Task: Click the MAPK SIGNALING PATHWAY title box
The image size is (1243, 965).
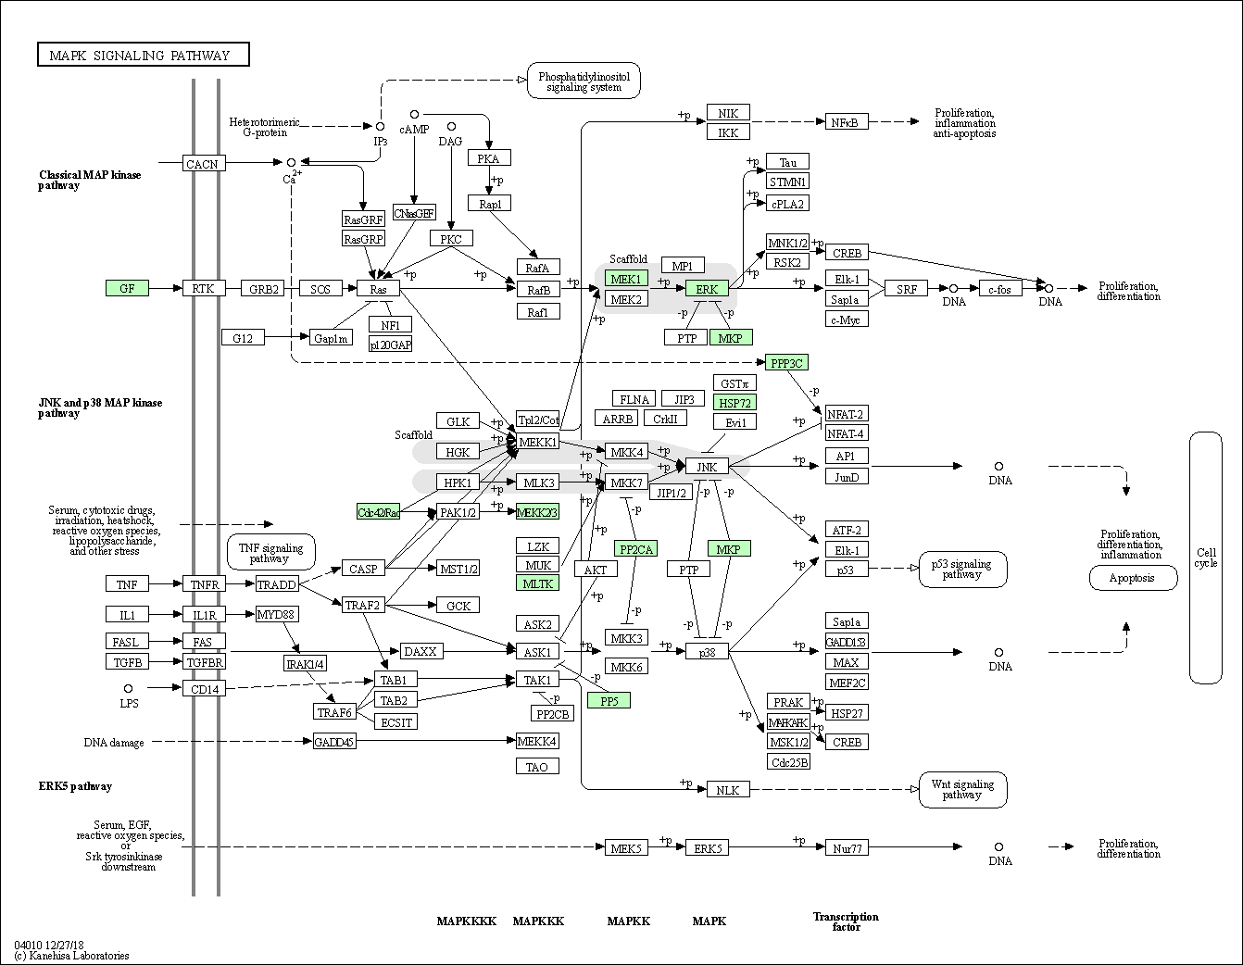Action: pos(144,56)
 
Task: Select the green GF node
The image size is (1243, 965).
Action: pos(127,289)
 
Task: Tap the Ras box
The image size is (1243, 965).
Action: pos(378,289)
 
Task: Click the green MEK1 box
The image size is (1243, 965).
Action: pos(626,279)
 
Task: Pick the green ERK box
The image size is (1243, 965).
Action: pos(707,289)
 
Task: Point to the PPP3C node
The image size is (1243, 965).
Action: pos(787,363)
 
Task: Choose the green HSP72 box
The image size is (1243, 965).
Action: pos(734,402)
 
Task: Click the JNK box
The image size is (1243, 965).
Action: pos(707,467)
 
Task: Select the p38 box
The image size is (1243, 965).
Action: pos(707,652)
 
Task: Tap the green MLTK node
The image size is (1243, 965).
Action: pos(537,583)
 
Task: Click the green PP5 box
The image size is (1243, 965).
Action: pos(609,700)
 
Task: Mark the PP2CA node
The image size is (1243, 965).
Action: pos(635,549)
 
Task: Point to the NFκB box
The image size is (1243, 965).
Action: pos(846,121)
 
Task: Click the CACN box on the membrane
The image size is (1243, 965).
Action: pos(203,164)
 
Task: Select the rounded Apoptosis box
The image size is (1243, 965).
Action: pos(1132,578)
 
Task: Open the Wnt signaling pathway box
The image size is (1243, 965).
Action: pos(962,789)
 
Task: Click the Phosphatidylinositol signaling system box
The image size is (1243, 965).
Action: pos(584,81)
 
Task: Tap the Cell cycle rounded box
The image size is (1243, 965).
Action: pos(1206,558)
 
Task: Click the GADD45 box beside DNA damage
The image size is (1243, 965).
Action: pos(334,741)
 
